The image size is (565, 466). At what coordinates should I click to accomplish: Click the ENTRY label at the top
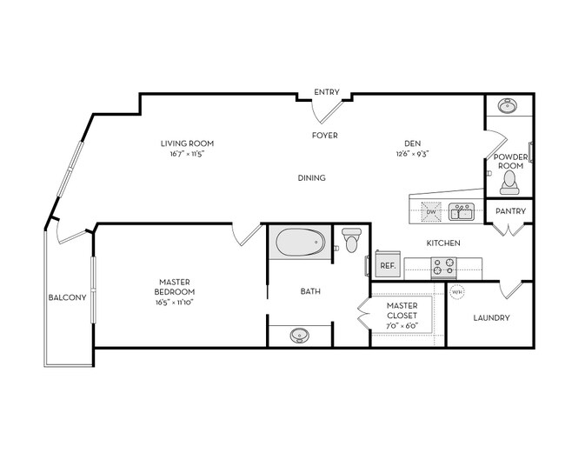pyautogui.click(x=327, y=91)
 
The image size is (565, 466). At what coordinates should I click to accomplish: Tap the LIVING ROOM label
pyautogui.click(x=187, y=143)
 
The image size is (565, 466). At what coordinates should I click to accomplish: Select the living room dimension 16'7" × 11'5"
pyautogui.click(x=187, y=154)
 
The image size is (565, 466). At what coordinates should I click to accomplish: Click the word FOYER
pyautogui.click(x=325, y=136)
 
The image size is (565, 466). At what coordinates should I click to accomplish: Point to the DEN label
pyautogui.click(x=412, y=143)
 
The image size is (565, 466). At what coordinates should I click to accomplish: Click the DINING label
pyautogui.click(x=311, y=178)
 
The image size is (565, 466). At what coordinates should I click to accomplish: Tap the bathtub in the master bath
pyautogui.click(x=300, y=243)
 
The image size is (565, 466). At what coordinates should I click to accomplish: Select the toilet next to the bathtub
pyautogui.click(x=352, y=240)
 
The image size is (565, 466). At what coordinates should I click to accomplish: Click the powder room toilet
pyautogui.click(x=509, y=180)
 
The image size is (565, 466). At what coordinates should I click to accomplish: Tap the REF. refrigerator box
pyautogui.click(x=388, y=265)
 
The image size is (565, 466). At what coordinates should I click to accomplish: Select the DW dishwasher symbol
pyautogui.click(x=430, y=211)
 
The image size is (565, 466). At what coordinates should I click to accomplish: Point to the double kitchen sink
pyautogui.click(x=460, y=211)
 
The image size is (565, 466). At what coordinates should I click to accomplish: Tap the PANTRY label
pyautogui.click(x=508, y=211)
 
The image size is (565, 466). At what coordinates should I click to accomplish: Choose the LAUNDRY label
pyautogui.click(x=491, y=317)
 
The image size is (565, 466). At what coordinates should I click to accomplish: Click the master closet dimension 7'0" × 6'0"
pyautogui.click(x=402, y=326)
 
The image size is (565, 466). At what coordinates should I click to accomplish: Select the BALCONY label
pyautogui.click(x=67, y=298)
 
